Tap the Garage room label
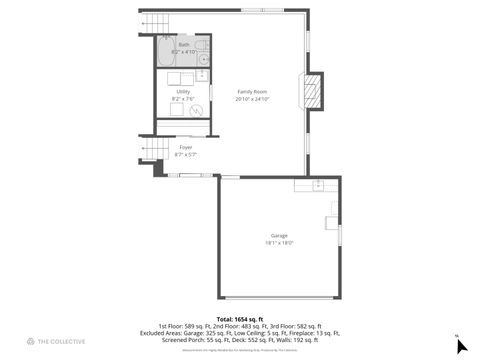[279, 235]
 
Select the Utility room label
[183, 91]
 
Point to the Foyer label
[185, 148]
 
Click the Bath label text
[183, 45]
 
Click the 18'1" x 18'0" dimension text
[279, 243]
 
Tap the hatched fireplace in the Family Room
[312, 92]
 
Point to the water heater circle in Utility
[198, 108]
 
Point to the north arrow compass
[461, 346]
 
